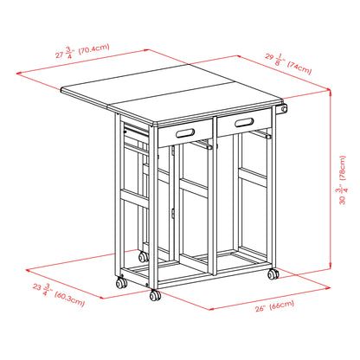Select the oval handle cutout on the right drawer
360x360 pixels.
coord(234,120)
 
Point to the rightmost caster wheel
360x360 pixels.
coord(273,274)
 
